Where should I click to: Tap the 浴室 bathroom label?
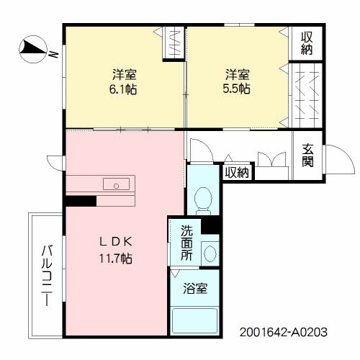[195, 289]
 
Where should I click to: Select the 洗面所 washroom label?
[186, 243]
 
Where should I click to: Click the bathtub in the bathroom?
[195, 319]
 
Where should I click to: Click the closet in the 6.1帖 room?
[175, 42]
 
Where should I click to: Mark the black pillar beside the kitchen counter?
[81, 201]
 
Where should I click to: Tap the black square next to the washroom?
[210, 225]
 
